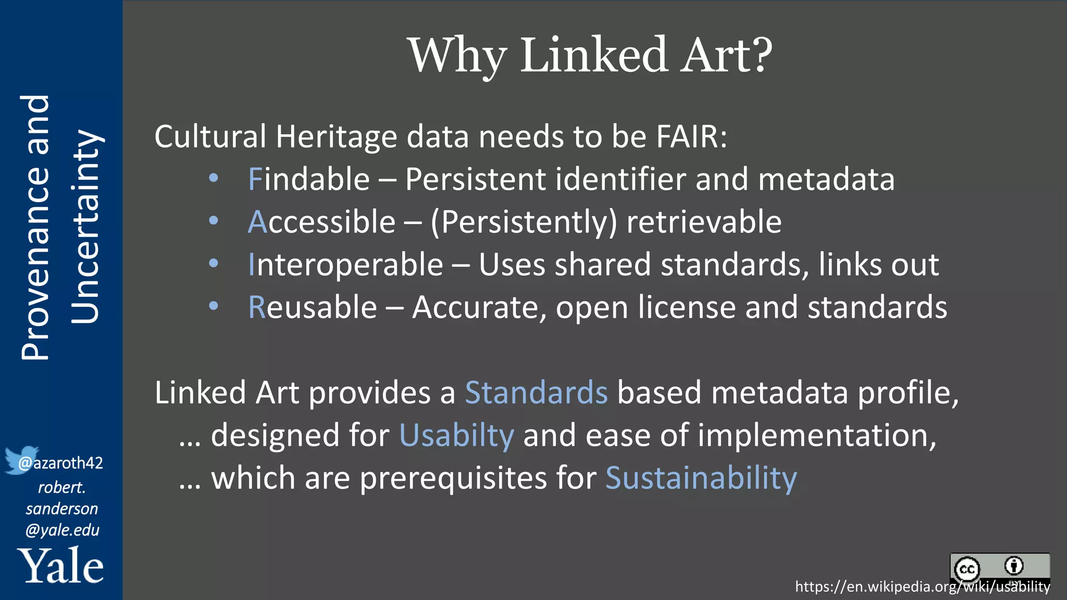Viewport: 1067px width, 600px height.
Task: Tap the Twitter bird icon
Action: [21, 459]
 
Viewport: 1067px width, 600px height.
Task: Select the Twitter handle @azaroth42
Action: [61, 463]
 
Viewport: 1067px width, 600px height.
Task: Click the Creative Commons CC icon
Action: [967, 569]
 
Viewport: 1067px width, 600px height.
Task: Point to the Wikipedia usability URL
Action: [922, 587]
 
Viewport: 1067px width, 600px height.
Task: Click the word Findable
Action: [308, 180]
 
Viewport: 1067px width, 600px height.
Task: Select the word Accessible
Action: [321, 222]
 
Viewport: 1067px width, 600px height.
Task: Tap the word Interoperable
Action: [345, 265]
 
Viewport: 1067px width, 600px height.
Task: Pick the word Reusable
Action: [312, 307]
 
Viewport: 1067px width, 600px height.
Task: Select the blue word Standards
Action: [536, 393]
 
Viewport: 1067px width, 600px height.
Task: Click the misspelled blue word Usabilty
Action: [456, 435]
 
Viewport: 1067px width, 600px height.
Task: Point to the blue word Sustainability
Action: [701, 478]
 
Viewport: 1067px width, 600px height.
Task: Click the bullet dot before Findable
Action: [213, 178]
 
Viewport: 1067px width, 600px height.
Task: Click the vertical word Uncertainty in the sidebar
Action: [85, 227]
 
